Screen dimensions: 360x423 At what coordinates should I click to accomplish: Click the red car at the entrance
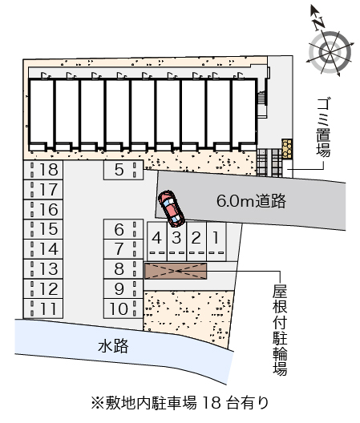172,208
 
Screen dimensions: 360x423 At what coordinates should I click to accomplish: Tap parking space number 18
43,170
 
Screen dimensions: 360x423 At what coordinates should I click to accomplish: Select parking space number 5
123,170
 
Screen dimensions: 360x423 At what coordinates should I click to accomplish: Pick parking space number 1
216,241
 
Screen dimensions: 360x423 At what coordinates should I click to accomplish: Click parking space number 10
123,308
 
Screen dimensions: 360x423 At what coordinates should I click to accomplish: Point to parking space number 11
43,308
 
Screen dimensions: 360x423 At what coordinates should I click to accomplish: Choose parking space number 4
157,241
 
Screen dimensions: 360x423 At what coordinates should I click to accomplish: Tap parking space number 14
43,249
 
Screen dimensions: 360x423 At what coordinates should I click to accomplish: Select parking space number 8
123,269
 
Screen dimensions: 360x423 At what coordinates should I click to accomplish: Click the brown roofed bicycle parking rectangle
176,271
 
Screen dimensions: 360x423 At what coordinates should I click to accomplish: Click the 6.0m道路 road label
251,201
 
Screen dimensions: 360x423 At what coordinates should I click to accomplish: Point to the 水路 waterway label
113,346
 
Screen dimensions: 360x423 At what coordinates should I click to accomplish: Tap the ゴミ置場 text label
324,127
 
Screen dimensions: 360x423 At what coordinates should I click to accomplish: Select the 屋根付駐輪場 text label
280,330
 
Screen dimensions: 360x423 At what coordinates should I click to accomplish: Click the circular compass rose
330,52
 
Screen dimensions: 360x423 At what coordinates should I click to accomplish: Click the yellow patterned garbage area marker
287,149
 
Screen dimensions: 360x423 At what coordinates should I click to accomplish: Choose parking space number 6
123,229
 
